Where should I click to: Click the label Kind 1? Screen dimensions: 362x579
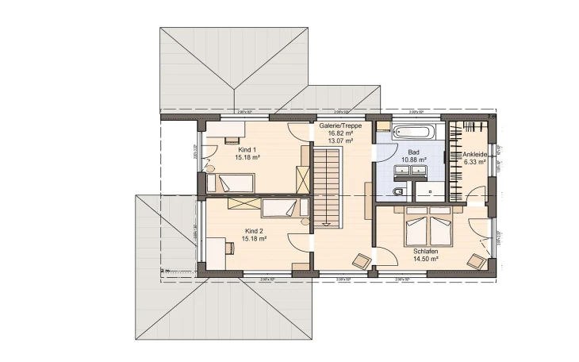(x=247, y=149)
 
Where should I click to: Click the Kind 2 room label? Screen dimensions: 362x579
(x=253, y=230)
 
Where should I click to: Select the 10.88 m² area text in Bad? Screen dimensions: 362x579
(x=413, y=159)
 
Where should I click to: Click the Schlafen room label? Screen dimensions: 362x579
(x=426, y=250)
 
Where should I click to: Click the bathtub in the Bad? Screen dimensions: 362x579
(x=413, y=132)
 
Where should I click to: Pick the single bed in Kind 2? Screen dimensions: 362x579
(x=277, y=209)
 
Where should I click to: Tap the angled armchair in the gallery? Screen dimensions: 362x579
(x=362, y=260)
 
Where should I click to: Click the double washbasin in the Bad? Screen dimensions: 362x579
(x=413, y=171)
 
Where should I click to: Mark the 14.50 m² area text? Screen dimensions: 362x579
(x=426, y=259)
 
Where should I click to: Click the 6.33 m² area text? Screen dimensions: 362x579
(x=476, y=163)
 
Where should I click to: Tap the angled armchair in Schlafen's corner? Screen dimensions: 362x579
(x=476, y=260)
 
